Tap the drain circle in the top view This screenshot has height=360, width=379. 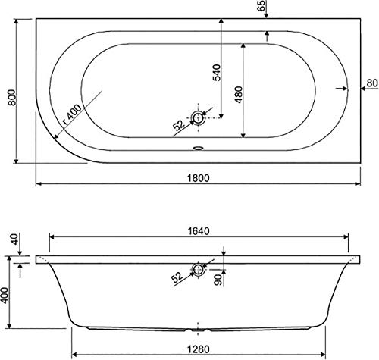(199, 117)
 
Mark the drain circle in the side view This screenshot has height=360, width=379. (199, 269)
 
